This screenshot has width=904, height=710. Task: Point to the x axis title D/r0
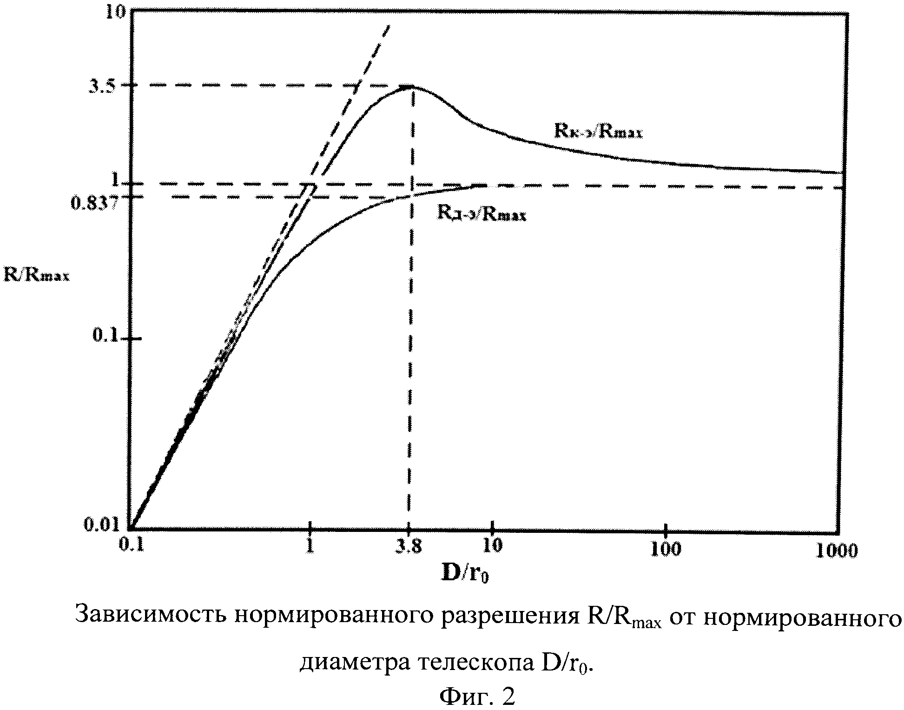(464, 574)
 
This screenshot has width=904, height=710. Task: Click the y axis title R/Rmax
(37, 275)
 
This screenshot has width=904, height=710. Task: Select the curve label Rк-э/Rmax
(598, 132)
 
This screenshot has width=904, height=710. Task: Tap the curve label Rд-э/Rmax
(481, 214)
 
